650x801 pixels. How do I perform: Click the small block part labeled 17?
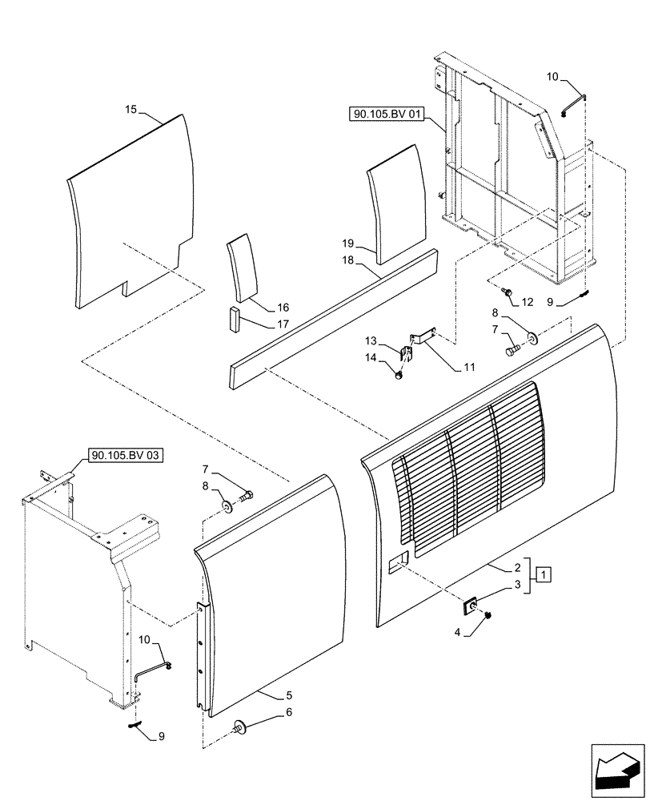233,318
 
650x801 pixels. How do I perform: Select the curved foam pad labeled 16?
240,269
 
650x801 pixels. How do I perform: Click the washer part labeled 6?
239,727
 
